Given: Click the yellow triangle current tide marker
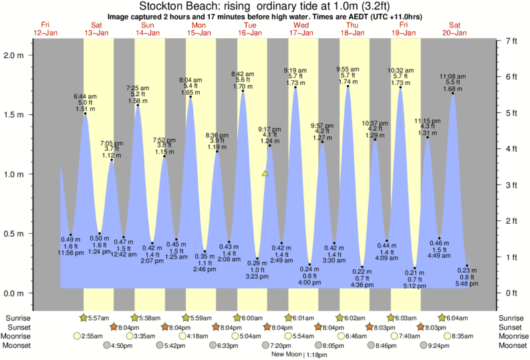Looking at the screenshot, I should pyautogui.click(x=265, y=174).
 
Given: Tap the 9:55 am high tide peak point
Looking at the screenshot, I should pyautogui.click(x=348, y=86).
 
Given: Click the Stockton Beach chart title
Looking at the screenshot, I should pyautogui.click(x=265, y=6).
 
